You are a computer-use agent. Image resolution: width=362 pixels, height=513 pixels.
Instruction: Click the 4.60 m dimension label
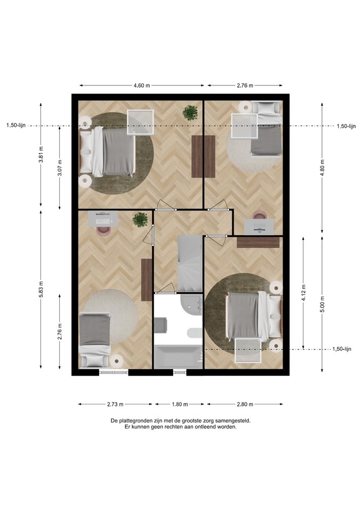[142, 85]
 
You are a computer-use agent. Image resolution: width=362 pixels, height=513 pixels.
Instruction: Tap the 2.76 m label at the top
[245, 85]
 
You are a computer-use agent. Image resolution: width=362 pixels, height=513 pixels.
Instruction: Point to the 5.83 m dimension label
[41, 289]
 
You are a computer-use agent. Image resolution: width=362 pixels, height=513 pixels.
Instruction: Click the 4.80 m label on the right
[322, 167]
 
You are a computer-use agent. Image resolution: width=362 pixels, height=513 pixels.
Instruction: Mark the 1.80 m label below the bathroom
[180, 405]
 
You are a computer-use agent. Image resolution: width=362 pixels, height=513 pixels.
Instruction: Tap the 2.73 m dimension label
[115, 405]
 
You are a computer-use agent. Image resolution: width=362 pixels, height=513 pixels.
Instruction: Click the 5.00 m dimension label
[322, 304]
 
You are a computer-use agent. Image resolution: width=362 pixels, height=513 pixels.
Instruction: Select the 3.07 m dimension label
[60, 168]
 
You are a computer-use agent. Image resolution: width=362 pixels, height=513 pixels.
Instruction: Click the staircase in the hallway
[190, 263]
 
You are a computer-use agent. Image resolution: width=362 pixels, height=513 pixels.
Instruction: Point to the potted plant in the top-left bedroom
[190, 113]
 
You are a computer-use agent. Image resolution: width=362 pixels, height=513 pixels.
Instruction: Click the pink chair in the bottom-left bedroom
[104, 230]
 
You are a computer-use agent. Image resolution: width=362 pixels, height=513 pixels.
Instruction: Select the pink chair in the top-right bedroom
[260, 215]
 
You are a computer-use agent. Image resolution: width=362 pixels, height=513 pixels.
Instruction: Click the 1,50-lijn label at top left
[15, 126]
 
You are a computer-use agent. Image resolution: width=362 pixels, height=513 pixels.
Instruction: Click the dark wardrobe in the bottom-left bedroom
[147, 279]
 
